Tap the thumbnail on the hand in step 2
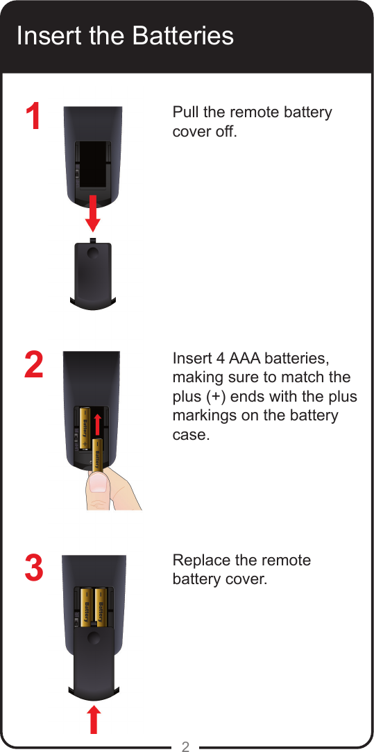point(99,484)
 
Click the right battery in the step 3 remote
point(101,607)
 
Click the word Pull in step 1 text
point(184,112)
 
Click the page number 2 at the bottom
point(185,746)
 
